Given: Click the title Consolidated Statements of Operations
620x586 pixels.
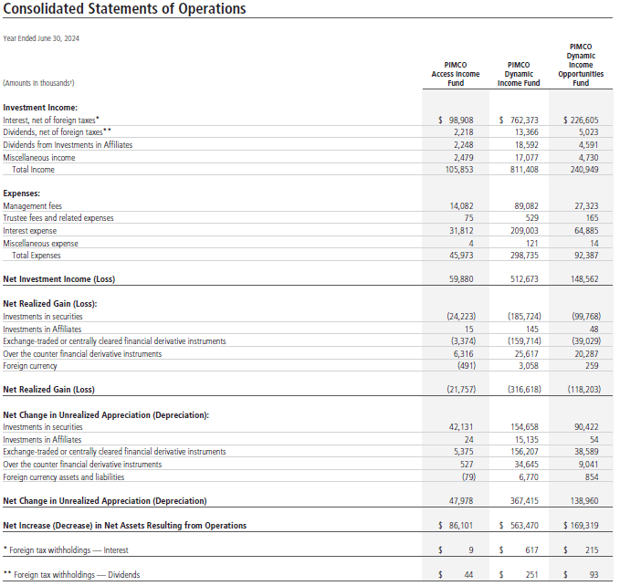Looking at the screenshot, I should point(125,10).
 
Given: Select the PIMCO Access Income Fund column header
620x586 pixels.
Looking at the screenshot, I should point(455,74).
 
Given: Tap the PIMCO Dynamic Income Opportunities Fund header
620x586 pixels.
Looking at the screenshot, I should point(580,64).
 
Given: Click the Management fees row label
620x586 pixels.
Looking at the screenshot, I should point(33,207).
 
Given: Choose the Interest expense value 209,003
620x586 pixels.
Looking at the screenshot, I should point(522,232).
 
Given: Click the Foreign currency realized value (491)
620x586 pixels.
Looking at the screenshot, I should point(465,366).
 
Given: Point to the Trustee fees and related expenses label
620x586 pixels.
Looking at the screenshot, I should point(58,219).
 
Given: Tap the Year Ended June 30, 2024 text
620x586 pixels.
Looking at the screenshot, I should point(42,38).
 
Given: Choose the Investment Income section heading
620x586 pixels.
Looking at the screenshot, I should point(40,108).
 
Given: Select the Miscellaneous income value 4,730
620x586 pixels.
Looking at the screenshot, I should point(587,157).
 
